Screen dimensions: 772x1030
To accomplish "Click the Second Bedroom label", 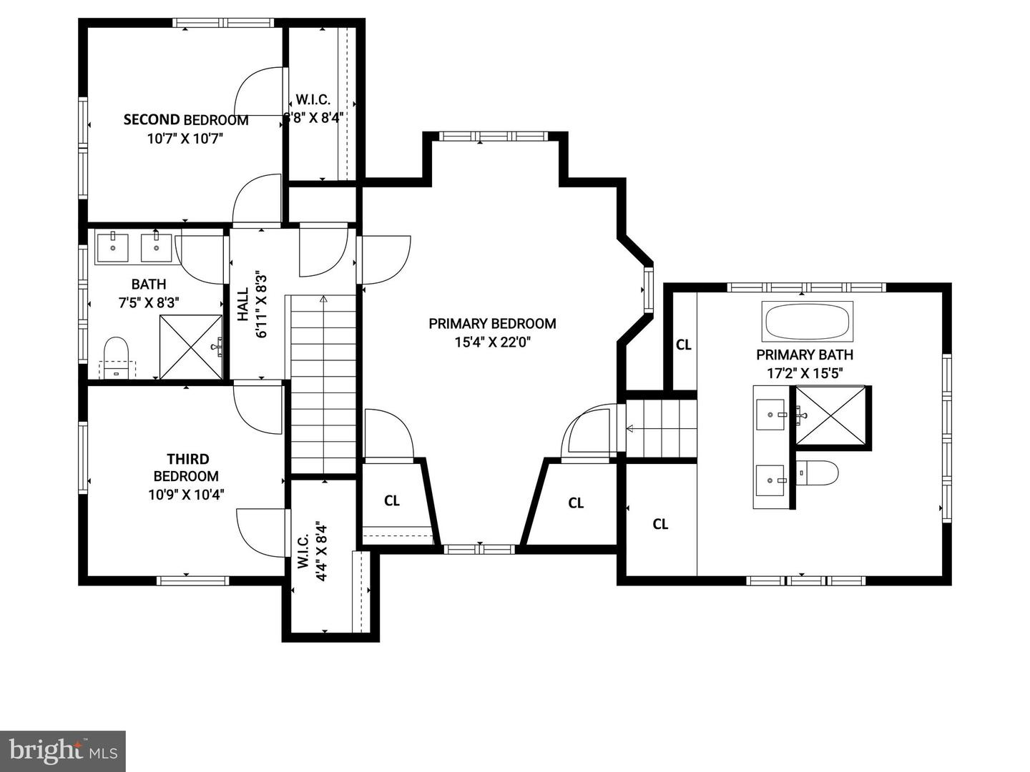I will (x=186, y=120).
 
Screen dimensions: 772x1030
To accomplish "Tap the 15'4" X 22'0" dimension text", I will (x=493, y=342).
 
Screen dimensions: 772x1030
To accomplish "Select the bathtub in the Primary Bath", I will (x=808, y=322).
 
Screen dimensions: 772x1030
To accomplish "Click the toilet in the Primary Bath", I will (x=818, y=472).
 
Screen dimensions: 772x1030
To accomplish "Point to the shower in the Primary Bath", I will (x=831, y=415).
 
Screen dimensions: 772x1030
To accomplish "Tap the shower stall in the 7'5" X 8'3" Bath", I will (x=191, y=347).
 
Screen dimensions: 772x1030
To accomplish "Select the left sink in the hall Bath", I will (x=113, y=247).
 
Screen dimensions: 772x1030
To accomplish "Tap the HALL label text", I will (x=243, y=305).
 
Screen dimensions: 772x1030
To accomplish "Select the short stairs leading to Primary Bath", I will (x=662, y=428).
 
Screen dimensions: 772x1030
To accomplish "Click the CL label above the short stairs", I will (x=684, y=345).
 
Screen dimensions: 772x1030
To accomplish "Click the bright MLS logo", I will (x=63, y=751).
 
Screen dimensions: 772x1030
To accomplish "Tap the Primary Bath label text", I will (x=805, y=355).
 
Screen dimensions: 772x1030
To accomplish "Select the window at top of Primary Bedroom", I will (x=493, y=137).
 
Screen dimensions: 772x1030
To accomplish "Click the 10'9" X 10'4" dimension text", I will (x=186, y=494).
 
